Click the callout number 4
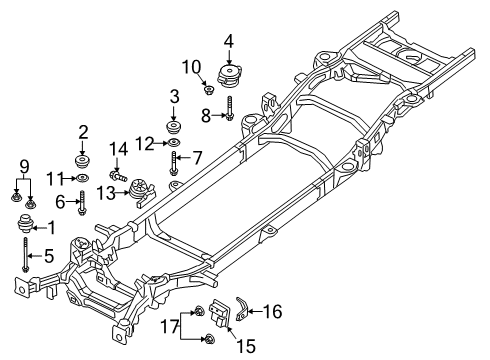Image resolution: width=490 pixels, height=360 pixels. pyautogui.click(x=229, y=41)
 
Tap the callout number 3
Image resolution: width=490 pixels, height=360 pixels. pyautogui.click(x=174, y=96)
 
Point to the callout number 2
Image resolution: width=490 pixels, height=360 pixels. pyautogui.click(x=84, y=132)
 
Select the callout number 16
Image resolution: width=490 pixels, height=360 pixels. pyautogui.click(x=272, y=312)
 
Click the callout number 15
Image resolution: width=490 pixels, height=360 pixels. pyautogui.click(x=241, y=345)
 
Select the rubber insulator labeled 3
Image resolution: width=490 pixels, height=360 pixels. pyautogui.click(x=176, y=130)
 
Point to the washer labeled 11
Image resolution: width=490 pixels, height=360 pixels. pyautogui.click(x=83, y=178)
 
